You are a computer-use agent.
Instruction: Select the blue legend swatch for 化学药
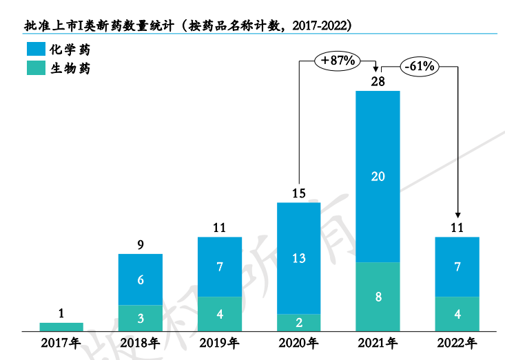(x=34, y=50)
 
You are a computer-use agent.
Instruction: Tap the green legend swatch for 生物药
(x=34, y=68)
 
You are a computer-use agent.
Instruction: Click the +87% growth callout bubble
(x=338, y=61)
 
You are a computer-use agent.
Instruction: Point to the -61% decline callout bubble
(x=419, y=66)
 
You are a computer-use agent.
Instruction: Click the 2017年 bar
(x=61, y=326)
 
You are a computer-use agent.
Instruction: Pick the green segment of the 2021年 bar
(x=378, y=297)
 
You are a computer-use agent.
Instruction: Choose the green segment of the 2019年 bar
(x=220, y=314)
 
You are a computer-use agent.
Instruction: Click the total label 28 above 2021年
(x=378, y=81)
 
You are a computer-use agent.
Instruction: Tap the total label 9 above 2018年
(x=141, y=244)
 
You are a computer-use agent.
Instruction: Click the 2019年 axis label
(x=220, y=342)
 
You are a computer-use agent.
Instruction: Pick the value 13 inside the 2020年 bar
(x=298, y=258)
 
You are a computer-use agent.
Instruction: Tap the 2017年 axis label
(x=61, y=342)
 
